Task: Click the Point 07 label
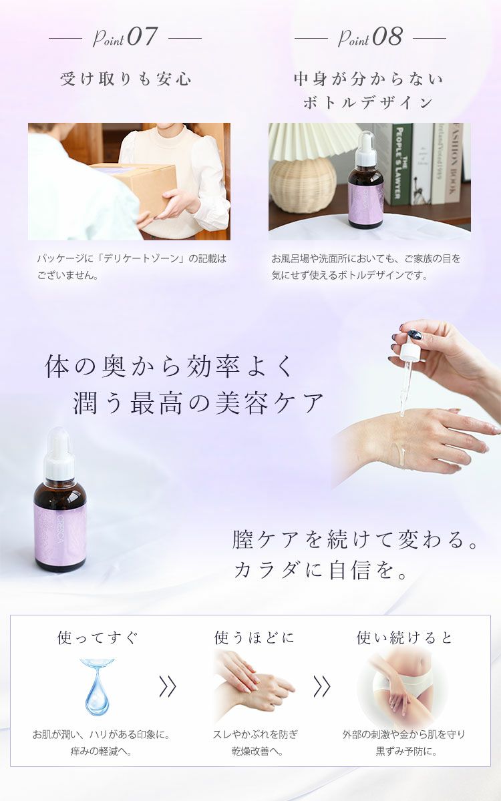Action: [x=125, y=37]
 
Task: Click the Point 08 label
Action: [x=370, y=37]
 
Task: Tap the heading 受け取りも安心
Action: [x=126, y=79]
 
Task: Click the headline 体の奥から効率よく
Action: [x=168, y=367]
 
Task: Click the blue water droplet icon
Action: [x=98, y=686]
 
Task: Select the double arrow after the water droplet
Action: [x=167, y=686]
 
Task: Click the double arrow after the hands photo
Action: [x=322, y=686]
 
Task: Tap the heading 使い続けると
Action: [x=404, y=637]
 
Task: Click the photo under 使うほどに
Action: [x=253, y=684]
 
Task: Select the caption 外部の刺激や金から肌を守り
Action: [x=404, y=734]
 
